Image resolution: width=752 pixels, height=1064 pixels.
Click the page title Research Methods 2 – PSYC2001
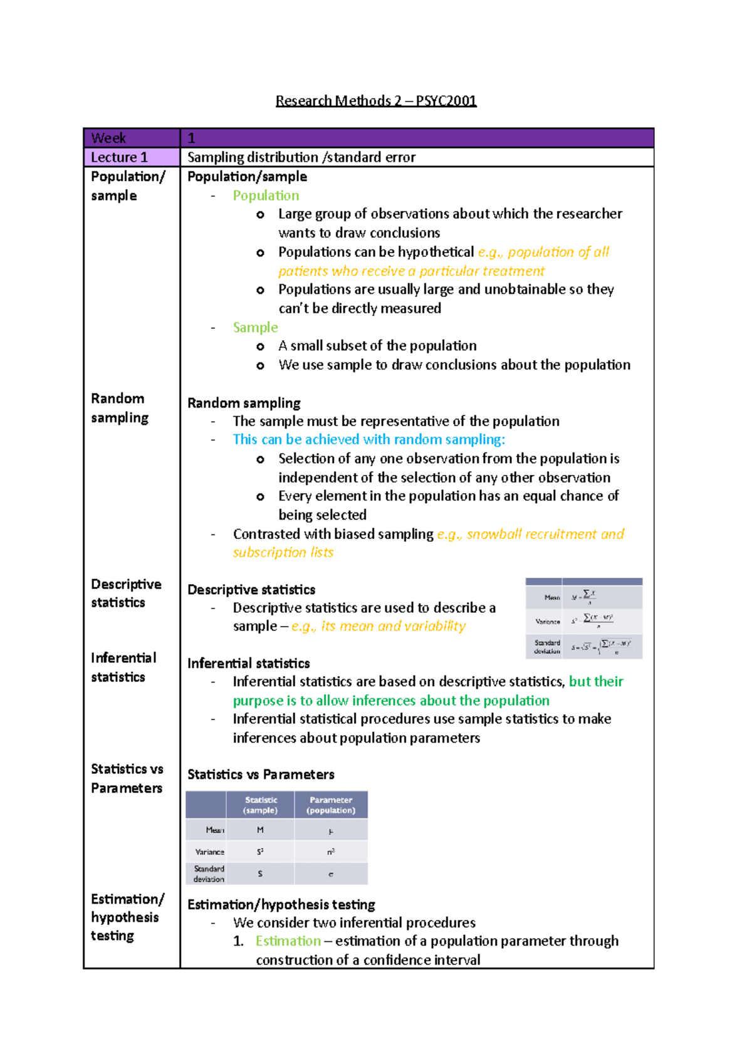click(376, 101)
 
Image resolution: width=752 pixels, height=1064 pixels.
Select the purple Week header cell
click(132, 138)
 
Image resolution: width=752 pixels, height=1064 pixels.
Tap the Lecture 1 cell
click(132, 157)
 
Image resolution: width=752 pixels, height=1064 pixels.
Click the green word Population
click(266, 196)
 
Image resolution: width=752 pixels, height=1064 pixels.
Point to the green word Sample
click(255, 327)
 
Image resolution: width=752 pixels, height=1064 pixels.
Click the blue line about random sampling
click(368, 439)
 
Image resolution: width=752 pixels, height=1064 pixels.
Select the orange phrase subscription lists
click(283, 553)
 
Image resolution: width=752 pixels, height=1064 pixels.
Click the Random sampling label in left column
click(120, 408)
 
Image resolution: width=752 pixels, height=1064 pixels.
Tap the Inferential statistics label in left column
click(123, 667)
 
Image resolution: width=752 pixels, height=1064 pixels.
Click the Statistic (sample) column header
click(261, 805)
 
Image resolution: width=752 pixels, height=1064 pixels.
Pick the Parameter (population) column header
click(331, 805)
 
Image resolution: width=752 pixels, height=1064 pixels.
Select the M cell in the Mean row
click(260, 830)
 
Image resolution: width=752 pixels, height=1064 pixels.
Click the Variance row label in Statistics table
click(209, 852)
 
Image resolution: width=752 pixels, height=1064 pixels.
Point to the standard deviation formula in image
click(602, 647)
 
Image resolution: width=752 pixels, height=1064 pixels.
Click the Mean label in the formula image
click(551, 597)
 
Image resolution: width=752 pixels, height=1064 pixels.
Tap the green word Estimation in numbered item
click(288, 941)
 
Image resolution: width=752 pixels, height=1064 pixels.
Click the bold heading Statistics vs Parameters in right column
click(261, 775)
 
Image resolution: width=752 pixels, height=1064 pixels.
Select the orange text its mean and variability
click(379, 627)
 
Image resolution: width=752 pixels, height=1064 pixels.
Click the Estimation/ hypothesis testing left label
click(127, 917)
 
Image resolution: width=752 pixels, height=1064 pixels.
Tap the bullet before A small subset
click(260, 347)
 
